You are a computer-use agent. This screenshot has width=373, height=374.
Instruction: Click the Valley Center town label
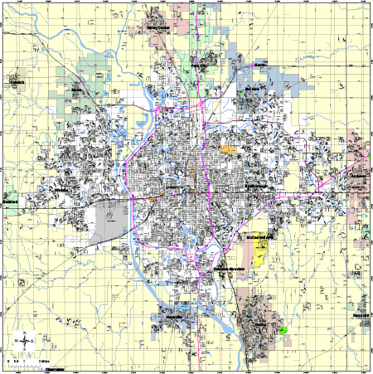tap(157, 27)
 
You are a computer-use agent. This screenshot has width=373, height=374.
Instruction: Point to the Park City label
tap(199, 61)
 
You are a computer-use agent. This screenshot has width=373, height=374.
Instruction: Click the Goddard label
tap(10, 200)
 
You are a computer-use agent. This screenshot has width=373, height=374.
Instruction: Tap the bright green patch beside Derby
tap(284, 329)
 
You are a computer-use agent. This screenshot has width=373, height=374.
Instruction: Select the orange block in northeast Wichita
tap(227, 149)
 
